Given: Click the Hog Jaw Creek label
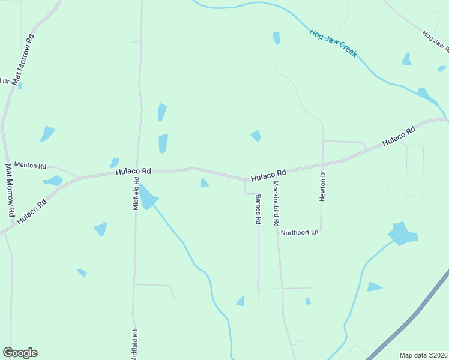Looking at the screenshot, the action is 334,43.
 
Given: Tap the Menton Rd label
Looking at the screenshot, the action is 30,165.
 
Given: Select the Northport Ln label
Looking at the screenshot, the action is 299,232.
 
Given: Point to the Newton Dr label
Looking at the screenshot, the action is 322,187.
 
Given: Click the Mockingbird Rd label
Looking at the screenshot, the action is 276,203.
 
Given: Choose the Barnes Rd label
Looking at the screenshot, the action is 258,209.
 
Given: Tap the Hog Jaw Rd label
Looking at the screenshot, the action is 436,40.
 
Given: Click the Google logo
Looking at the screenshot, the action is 20,353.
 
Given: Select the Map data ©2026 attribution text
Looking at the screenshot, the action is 423,355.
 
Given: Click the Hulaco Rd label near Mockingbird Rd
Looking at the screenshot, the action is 268,175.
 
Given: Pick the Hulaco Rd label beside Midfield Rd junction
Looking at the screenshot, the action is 133,172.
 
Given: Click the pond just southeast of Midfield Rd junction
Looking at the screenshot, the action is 147,197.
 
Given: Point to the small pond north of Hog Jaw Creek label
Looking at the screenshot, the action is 276,38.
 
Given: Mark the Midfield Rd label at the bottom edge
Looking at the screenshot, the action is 136,343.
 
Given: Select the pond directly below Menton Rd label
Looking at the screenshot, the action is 53,181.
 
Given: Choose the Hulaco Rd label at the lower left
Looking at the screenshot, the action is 32,212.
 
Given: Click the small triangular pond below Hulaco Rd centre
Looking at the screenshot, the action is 204,182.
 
